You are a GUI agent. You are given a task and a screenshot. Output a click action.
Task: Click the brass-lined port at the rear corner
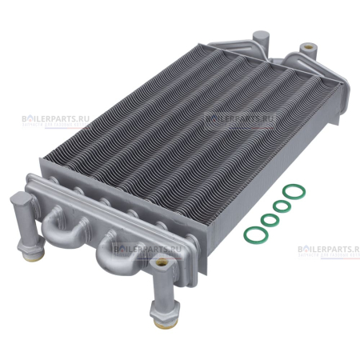coord(307,50)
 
